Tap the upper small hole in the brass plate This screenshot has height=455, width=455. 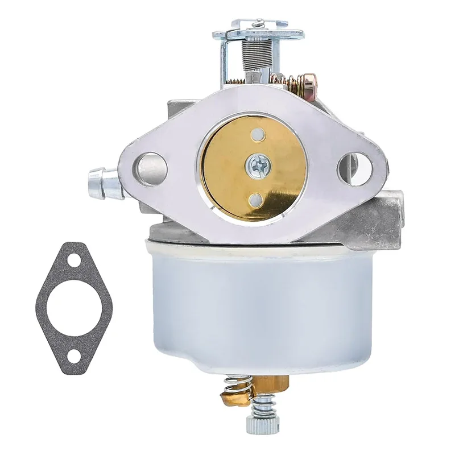pyautogui.click(x=259, y=135)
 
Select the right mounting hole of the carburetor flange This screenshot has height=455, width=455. pyautogui.click(x=354, y=168)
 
